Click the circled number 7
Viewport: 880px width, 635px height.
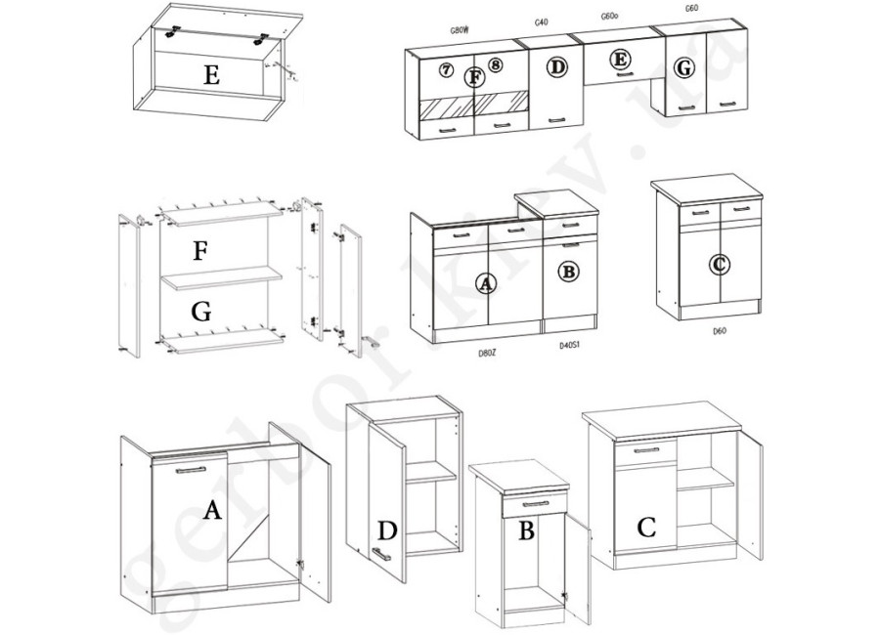(446, 70)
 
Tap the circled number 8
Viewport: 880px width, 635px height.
(496, 65)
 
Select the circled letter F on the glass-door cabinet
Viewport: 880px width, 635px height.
(475, 76)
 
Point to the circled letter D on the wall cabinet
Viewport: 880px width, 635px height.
(557, 67)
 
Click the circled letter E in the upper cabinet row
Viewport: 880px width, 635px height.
(619, 60)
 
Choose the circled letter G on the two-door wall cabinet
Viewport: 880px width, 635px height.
(684, 68)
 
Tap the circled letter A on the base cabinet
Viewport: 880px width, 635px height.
(485, 283)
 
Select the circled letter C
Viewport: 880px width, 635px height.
(720, 264)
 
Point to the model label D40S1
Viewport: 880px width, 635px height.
(572, 345)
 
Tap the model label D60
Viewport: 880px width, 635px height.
(720, 330)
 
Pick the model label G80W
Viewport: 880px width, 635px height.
(461, 30)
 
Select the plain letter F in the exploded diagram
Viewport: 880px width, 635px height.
(200, 251)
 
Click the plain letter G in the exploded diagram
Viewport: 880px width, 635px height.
(201, 313)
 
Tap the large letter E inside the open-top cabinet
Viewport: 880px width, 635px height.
(210, 74)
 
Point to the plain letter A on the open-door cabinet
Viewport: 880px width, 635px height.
(210, 509)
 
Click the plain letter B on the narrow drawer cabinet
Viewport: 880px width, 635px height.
(526, 532)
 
